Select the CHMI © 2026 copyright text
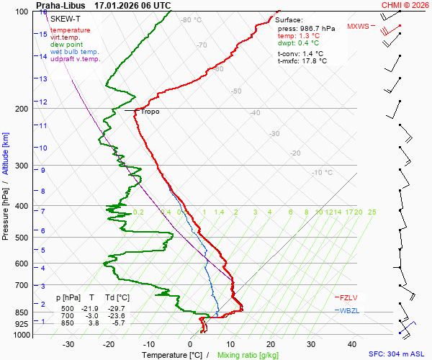[405, 5]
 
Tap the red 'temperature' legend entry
[70, 30]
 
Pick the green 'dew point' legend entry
[66, 45]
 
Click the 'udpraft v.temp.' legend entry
[75, 59]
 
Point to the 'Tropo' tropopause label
[150, 112]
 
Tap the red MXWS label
[357, 27]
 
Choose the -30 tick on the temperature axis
[68, 345]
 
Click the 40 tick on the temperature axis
[352, 345]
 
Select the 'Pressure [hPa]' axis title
[5, 209]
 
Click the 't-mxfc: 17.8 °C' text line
[302, 61]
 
